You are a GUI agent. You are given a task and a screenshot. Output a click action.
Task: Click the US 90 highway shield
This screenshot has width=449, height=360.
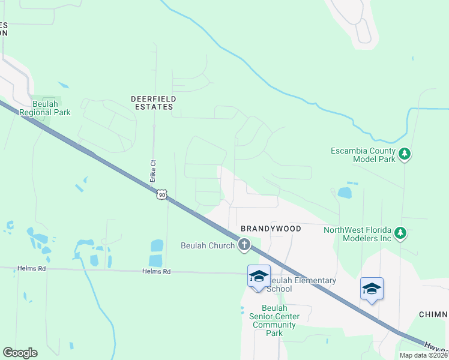(x=161, y=194)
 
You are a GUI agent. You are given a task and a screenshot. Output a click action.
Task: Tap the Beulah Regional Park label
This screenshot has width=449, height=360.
(x=45, y=108)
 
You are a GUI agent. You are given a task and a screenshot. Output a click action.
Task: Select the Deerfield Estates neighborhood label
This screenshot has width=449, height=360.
(x=152, y=102)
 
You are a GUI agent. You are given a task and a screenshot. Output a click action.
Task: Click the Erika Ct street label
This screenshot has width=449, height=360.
(x=153, y=171)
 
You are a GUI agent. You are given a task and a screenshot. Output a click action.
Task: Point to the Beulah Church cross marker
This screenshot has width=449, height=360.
(x=244, y=244)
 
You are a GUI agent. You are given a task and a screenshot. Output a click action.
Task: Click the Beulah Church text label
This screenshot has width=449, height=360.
(x=208, y=245)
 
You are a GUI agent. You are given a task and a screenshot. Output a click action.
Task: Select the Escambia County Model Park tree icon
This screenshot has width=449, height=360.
(x=405, y=155)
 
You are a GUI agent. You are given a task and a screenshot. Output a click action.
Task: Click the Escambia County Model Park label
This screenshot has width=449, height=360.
(x=363, y=155)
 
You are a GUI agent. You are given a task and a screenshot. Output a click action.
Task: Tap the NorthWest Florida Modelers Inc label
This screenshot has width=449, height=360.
(x=357, y=234)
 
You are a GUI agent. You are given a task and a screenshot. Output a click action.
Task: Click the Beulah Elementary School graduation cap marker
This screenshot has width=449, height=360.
(x=258, y=276)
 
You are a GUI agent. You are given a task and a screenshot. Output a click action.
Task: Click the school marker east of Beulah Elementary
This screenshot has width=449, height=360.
(x=372, y=289)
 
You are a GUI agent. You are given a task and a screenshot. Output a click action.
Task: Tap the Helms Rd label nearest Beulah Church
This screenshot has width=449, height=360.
(x=157, y=272)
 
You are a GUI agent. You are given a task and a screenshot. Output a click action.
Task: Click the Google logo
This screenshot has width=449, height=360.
(x=20, y=353)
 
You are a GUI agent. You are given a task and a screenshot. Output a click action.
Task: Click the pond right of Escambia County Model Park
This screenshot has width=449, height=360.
(x=345, y=193)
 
